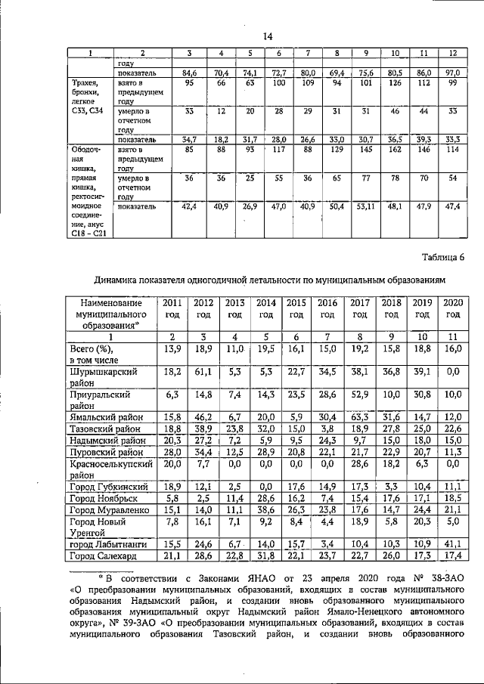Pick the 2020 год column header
click(x=452, y=308)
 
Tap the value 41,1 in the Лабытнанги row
click(x=452, y=544)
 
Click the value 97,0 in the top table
click(x=453, y=73)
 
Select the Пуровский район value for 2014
click(x=265, y=451)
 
